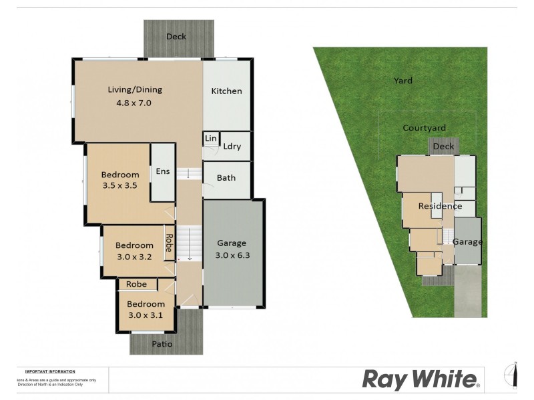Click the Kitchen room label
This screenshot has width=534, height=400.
coord(226,91)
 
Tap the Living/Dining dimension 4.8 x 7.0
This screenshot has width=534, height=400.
coord(135,103)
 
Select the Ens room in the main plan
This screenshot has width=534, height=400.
coord(163,172)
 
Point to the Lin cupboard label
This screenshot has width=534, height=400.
coord(211,139)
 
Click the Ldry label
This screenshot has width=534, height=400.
coord(232,147)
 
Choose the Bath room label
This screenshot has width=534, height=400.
coord(226,178)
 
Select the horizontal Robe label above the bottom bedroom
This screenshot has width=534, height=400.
coord(136,284)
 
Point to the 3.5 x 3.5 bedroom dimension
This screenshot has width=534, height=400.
coord(119,187)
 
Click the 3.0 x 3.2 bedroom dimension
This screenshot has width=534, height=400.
coord(134,257)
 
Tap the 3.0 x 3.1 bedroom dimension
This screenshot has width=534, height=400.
coord(146,315)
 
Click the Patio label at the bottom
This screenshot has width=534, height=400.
coord(162,345)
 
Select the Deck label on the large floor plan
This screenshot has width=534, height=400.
coord(176,37)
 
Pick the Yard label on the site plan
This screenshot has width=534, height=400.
coord(403,81)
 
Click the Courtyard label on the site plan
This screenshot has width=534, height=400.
coord(424,128)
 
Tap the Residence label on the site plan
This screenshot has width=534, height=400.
coord(440,206)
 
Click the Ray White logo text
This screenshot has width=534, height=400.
coord(421,380)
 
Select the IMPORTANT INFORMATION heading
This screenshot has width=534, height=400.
coord(50,371)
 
